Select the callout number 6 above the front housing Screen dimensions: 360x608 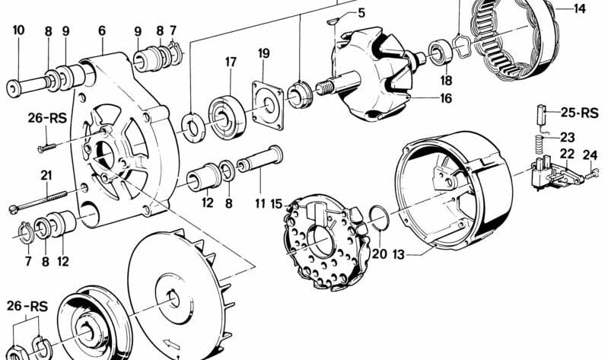102,31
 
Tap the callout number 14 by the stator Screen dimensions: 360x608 580,9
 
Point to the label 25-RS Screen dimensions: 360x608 579,113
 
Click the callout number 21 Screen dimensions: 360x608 46,175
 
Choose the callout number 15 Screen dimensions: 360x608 276,204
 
